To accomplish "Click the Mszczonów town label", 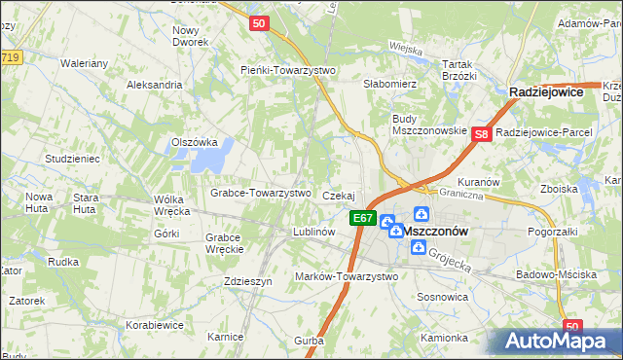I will tap(435, 232).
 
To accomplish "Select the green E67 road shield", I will tap(362, 219).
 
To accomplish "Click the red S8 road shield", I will tap(481, 136).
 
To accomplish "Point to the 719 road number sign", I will tap(10, 58).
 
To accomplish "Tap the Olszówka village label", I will tap(194, 141).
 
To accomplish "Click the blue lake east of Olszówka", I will tap(219, 152).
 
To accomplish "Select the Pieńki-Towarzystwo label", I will tap(287, 70).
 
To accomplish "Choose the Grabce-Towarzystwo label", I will tap(260, 193).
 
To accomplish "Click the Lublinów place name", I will tap(314, 232).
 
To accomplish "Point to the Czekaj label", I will tap(338, 196).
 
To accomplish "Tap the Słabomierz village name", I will tap(390, 84).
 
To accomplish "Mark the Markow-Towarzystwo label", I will tap(347, 276).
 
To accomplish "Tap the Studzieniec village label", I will tap(72, 158).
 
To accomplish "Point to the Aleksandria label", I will tap(155, 85).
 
